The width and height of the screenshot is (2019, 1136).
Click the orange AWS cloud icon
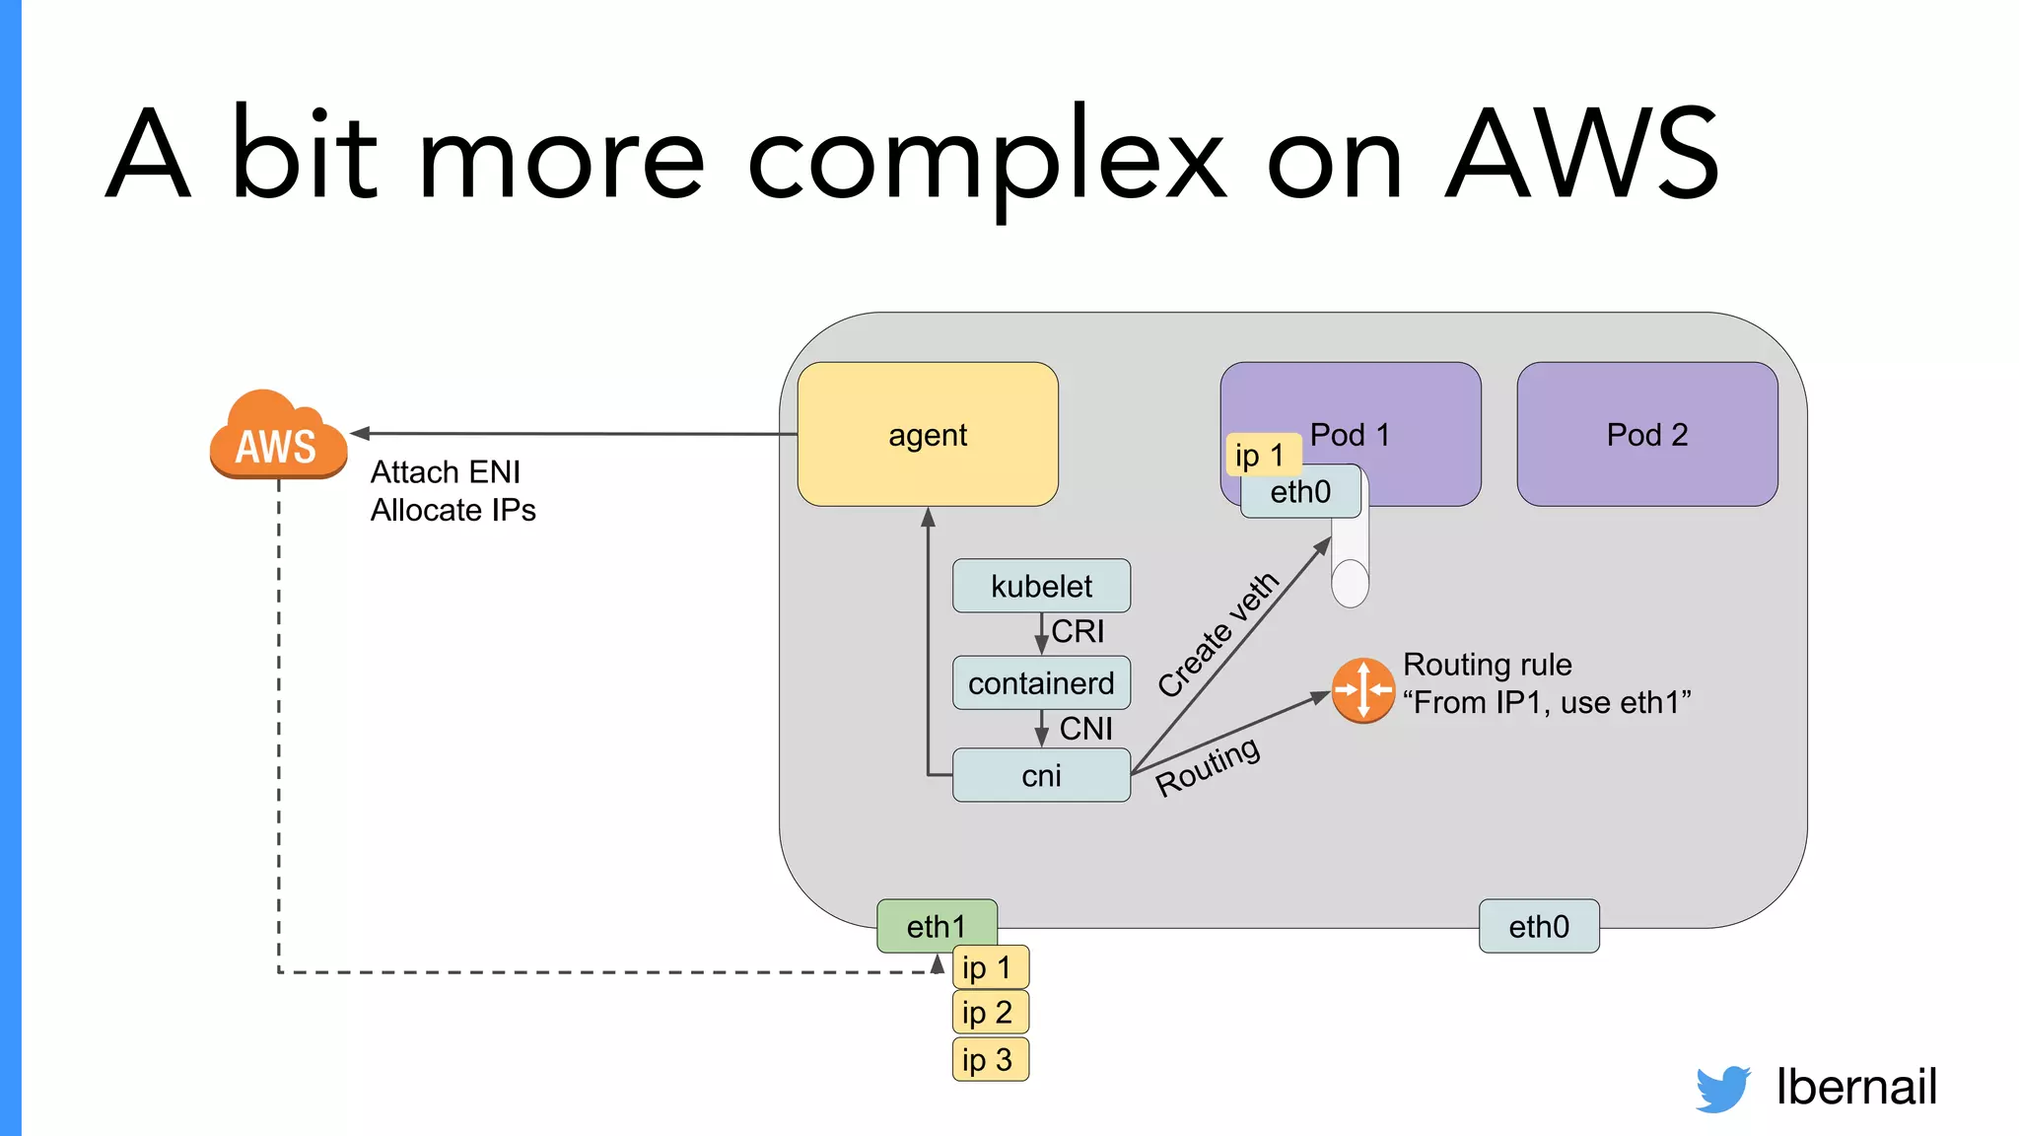coord(278,436)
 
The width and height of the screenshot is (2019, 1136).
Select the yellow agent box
coord(927,434)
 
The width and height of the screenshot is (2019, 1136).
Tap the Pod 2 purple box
coord(1646,434)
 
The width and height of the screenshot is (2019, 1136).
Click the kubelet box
coord(1041,586)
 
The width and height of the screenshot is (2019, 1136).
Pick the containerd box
coord(1041,682)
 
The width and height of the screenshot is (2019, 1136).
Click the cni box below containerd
coord(1041,775)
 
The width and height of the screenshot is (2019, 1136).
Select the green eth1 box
coord(936,925)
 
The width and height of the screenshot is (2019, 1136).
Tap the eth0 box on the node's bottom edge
coord(1538,926)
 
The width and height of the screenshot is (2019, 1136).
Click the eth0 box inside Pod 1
coord(1299,492)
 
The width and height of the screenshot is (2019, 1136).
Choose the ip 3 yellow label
coord(989,1059)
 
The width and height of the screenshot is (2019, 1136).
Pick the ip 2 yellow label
coord(989,1012)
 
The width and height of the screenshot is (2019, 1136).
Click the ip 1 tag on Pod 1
coord(1261,455)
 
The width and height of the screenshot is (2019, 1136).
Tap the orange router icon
coord(1362,690)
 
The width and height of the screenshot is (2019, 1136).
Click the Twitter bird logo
coord(1722,1088)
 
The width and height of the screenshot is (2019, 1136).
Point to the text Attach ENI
coord(446,472)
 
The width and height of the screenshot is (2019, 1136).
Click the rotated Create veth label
coord(1218,634)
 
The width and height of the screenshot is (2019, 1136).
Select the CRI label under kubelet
coord(1077,631)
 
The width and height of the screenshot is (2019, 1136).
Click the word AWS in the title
coord(1582,156)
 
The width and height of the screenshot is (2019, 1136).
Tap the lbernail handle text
coord(1855,1087)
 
